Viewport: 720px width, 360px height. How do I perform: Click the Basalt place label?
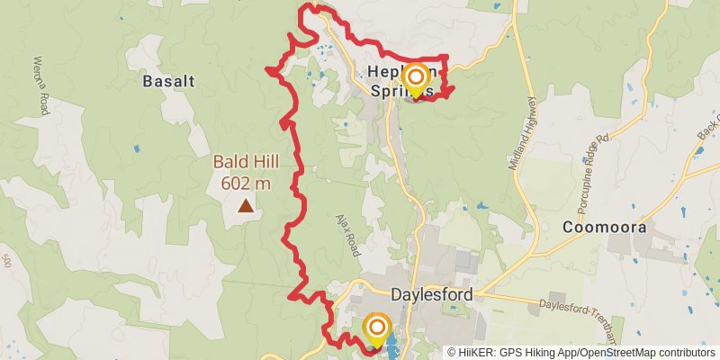(168, 81)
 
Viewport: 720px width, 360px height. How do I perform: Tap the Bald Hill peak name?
(246, 163)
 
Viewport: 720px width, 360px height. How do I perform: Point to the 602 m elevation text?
(246, 183)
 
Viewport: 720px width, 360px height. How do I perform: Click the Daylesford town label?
(432, 294)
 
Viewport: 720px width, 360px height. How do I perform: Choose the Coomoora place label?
(605, 228)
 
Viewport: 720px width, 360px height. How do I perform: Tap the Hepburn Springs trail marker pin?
(416, 79)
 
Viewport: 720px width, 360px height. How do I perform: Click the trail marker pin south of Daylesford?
(376, 328)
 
